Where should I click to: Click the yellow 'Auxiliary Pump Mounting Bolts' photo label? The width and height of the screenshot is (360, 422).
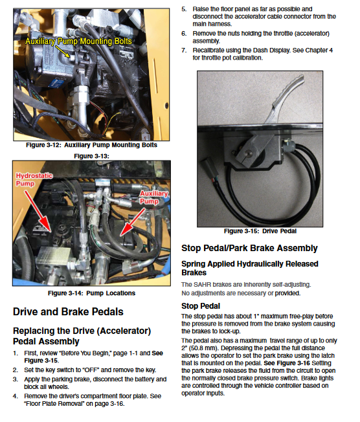pyautogui.click(x=78, y=41)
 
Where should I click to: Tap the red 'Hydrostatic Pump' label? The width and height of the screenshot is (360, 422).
pyautogui.click(x=34, y=179)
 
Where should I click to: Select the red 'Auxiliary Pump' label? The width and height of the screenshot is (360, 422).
pyautogui.click(x=153, y=197)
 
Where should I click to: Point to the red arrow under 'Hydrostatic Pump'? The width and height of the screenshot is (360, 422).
pyautogui.click(x=38, y=211)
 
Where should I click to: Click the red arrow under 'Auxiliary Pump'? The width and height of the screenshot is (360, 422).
pyautogui.click(x=133, y=223)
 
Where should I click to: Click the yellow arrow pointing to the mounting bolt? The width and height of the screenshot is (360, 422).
pyautogui.click(x=62, y=51)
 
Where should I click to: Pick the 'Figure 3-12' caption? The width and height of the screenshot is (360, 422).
pyautogui.click(x=91, y=145)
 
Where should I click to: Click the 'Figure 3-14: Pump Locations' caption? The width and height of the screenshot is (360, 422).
pyautogui.click(x=91, y=293)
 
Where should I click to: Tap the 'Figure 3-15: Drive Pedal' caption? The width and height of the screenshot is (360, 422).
pyautogui.click(x=260, y=231)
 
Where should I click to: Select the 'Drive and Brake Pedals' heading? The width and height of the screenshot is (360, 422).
pyautogui.click(x=68, y=312)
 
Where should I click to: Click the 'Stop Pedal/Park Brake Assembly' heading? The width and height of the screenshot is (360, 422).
pyautogui.click(x=249, y=248)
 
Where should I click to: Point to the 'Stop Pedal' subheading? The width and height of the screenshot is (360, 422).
pyautogui.click(x=201, y=306)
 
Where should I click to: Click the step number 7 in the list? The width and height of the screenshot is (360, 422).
pyautogui.click(x=184, y=50)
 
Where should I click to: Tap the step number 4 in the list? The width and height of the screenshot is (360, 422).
pyautogui.click(x=16, y=396)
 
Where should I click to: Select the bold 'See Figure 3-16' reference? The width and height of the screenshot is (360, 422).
pyautogui.click(x=287, y=363)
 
